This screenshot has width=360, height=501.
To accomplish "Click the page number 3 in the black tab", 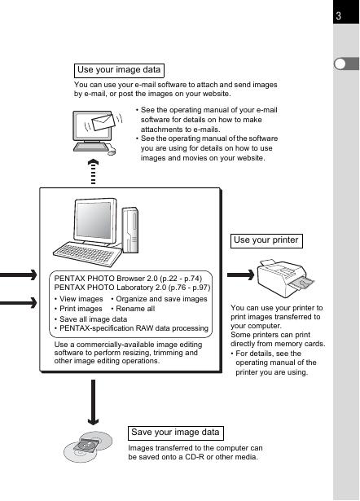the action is (x=338, y=15).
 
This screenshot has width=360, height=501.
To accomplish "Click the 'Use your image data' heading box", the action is (x=119, y=71).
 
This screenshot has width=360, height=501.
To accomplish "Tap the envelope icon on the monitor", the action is (x=103, y=122).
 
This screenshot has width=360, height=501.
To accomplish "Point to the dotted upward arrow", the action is (x=94, y=172).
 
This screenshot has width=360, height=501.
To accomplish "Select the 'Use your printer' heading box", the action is (x=266, y=241).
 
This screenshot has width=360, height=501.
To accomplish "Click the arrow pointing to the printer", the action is (x=240, y=275).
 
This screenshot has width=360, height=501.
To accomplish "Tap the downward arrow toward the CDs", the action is (x=93, y=402).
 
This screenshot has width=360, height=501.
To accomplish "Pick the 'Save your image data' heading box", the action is (x=175, y=433).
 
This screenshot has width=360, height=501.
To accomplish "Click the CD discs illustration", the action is (x=88, y=446).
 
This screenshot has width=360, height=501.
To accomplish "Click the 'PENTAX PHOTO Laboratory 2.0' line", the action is (x=132, y=288).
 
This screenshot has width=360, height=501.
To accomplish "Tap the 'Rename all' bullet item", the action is (x=133, y=309).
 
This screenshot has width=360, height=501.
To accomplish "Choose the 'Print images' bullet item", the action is (x=78, y=309).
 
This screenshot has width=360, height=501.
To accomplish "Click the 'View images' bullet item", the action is (x=78, y=299).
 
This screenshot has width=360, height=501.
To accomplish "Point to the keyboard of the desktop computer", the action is (x=87, y=253).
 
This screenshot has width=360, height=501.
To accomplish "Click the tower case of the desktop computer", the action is (x=130, y=230).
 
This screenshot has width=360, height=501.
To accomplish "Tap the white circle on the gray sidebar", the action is (x=340, y=64).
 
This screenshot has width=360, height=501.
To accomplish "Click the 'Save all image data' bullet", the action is (x=90, y=319).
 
